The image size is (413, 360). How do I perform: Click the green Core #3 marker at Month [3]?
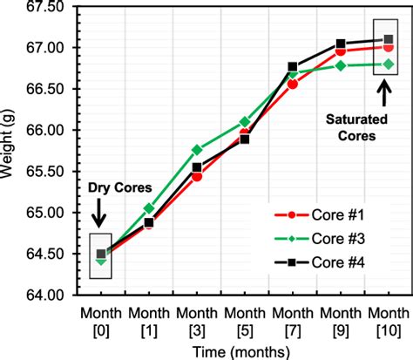[197, 150]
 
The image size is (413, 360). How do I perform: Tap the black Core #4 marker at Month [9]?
[340, 44]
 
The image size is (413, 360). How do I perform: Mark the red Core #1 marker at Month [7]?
[292, 84]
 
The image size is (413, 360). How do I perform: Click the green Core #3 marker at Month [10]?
[388, 64]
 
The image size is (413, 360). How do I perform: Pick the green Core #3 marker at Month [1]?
[149, 208]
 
